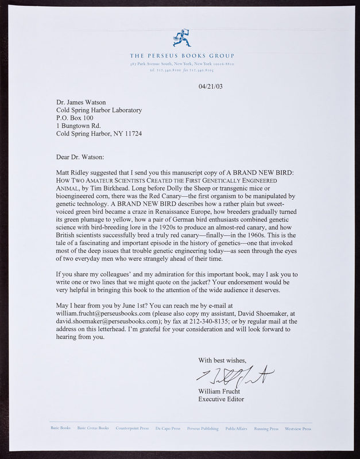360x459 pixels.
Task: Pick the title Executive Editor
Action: pos(220,399)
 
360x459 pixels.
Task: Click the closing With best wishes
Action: pos(223,361)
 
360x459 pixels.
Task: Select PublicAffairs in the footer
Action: pos(237,428)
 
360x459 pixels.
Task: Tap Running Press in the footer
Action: pos(267,428)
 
